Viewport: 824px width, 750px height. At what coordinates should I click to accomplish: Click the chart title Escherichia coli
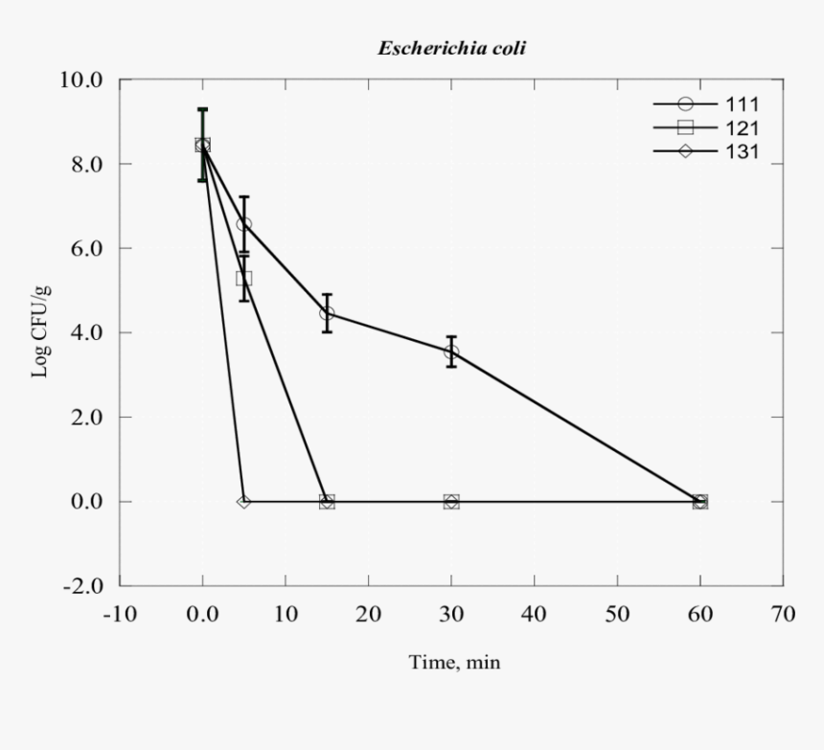(x=451, y=48)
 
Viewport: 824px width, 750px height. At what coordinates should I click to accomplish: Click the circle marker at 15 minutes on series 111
(x=327, y=313)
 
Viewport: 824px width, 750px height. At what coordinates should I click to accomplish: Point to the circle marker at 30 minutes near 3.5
(x=451, y=352)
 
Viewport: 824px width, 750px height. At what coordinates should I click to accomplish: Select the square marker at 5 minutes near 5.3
(x=244, y=279)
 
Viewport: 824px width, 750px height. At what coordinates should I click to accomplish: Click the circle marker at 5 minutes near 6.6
(x=244, y=224)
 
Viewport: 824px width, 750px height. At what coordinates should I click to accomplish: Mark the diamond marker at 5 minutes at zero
(x=244, y=501)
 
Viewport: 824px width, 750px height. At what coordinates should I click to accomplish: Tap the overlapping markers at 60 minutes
(x=700, y=501)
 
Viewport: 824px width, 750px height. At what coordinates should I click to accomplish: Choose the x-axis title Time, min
(x=454, y=662)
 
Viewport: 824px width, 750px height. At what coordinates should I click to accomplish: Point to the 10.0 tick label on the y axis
(x=82, y=80)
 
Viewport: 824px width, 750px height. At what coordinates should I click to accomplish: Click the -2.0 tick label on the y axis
(x=82, y=586)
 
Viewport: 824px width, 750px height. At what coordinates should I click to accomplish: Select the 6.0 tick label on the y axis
(x=82, y=248)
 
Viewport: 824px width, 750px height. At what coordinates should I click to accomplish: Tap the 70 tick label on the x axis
(x=784, y=614)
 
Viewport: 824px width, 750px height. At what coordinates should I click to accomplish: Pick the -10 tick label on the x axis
(x=120, y=614)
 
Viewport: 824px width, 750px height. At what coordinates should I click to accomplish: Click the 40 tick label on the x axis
(x=535, y=614)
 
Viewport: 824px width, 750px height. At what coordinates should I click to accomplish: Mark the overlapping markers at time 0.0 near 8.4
(x=202, y=145)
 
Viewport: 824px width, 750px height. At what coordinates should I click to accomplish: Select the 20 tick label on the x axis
(x=369, y=614)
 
